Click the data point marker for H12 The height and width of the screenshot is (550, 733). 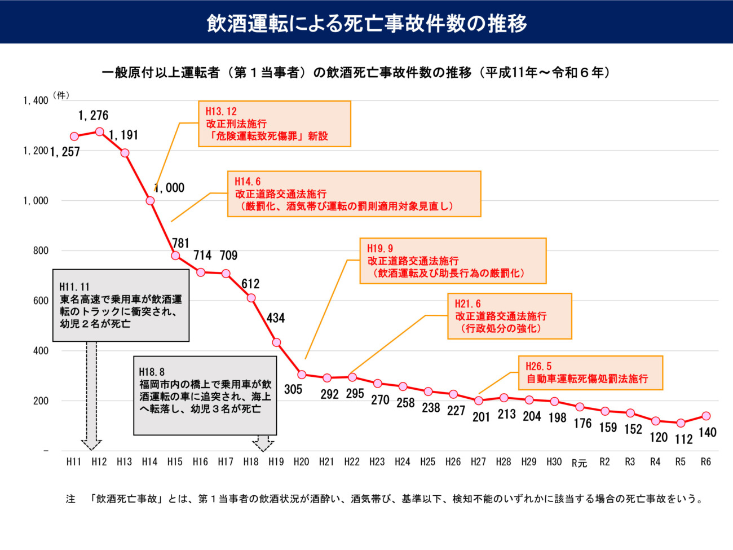pos(99,131)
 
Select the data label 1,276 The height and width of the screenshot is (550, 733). pos(93,116)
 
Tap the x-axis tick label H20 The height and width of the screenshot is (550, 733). pos(301,461)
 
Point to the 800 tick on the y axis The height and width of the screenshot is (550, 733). pos(41,250)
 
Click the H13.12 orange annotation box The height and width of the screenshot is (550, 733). pos(275,124)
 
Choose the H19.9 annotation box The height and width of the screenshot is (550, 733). pos(453,261)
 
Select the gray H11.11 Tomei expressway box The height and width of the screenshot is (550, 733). pos(121,305)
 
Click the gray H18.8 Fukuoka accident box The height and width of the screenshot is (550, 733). pos(205,395)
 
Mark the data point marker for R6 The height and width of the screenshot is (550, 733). pos(705,416)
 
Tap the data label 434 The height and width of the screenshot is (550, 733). pos(276,318)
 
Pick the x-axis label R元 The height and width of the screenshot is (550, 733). pos(579,463)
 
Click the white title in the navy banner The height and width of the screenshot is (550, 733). pos(366,23)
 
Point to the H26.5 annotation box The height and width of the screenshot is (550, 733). pos(590,373)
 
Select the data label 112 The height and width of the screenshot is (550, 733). pos(683,439)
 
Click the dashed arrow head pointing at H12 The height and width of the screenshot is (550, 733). pos(92,443)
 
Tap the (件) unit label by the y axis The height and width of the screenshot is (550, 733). pos(61,96)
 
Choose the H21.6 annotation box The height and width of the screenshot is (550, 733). pos(510,316)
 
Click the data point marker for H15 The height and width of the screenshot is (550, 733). pos(175,256)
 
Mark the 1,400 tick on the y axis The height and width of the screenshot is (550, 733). pos(36,100)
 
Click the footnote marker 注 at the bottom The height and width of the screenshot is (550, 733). pos(70,499)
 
